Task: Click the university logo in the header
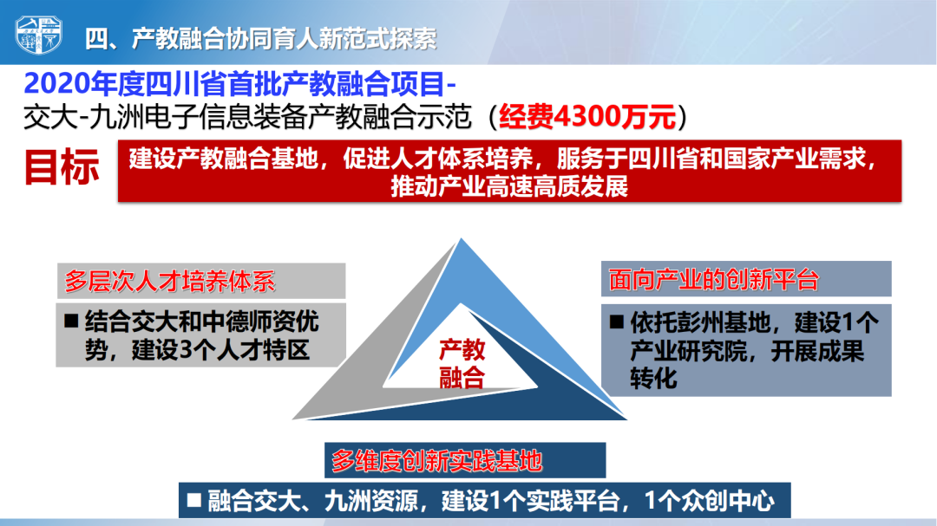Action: (38, 36)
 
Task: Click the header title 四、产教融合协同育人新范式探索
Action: (260, 39)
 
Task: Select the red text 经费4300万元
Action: (587, 116)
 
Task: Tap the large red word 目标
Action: (62, 167)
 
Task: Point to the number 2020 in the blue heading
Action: (58, 84)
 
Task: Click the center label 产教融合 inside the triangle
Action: (462, 364)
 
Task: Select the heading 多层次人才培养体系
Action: (170, 282)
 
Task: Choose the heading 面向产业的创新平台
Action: (713, 279)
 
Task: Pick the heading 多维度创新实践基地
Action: (436, 461)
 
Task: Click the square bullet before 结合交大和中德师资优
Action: (71, 321)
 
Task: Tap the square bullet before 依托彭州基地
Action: (616, 322)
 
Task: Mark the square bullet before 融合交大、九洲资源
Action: (193, 500)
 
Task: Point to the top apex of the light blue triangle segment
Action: (461, 238)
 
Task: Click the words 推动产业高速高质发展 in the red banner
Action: (509, 187)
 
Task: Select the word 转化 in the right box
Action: (654, 379)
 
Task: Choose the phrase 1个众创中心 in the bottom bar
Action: (710, 500)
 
